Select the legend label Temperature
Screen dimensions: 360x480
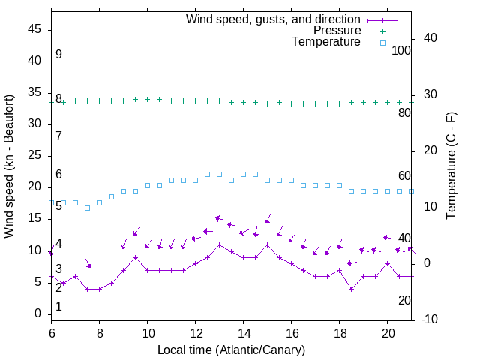[x=326, y=43]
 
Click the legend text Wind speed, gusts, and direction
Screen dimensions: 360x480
[x=274, y=19]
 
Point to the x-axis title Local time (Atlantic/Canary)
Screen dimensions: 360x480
[x=232, y=350]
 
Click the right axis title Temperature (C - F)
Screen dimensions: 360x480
[x=451, y=166]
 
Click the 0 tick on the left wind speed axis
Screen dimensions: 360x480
[x=37, y=313]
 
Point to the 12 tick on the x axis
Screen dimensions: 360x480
[x=195, y=331]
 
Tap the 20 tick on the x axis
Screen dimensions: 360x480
[x=387, y=331]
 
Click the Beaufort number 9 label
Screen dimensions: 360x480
[x=58, y=55]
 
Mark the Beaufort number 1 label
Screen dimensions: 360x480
[x=58, y=307]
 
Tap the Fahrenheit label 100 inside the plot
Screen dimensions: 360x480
[x=402, y=50]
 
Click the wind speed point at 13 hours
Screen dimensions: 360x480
[x=219, y=244]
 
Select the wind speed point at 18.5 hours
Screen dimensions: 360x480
[x=351, y=289]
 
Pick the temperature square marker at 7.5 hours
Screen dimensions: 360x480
[x=87, y=208]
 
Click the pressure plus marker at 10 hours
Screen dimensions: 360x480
[x=147, y=99]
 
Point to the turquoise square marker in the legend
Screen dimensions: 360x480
[x=382, y=43]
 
